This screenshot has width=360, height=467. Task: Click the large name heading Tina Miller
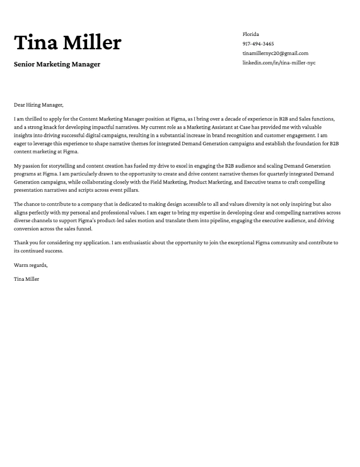tap(67, 42)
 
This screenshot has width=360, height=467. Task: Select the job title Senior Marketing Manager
tap(57, 64)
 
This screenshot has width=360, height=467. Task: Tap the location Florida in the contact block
tap(251, 34)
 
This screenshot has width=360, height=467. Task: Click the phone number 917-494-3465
tap(258, 44)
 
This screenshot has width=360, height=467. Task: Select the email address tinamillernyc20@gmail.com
tap(275, 54)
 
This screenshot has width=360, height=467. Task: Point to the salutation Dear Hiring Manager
tap(38, 105)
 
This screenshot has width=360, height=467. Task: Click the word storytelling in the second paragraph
tap(54, 165)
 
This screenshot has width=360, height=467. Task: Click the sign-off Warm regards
tap(30, 264)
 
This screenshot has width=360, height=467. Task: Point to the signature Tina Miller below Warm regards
tap(26, 278)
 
